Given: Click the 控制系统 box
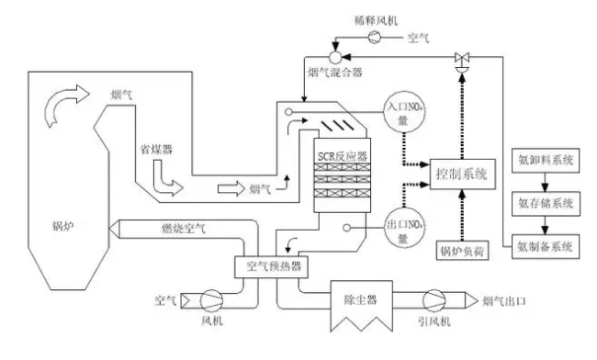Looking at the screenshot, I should tap(462, 173).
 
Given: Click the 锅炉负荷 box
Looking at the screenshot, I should tap(460, 248).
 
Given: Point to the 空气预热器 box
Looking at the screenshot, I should tap(272, 267).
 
